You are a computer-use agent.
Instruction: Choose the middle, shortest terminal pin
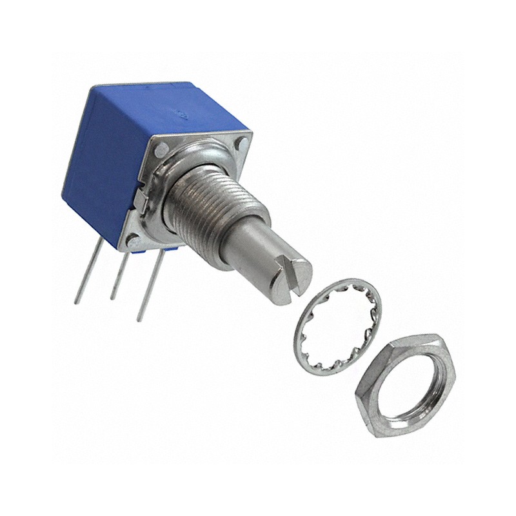116,277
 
